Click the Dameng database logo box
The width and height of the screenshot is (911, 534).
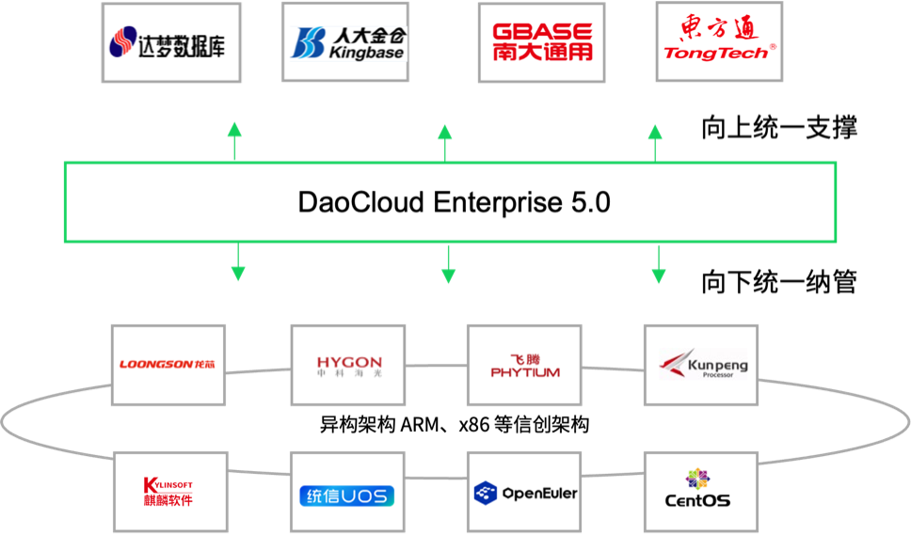coord(171,42)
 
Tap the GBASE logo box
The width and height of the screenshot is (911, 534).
coord(541,42)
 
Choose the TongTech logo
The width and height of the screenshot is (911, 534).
coord(719,42)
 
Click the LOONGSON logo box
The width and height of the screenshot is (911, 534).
coord(168,365)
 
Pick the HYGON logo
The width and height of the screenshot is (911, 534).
coord(347,365)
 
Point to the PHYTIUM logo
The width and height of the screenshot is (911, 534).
coord(524,365)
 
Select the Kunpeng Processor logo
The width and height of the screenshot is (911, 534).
coord(701,365)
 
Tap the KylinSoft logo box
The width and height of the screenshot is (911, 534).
coord(170,492)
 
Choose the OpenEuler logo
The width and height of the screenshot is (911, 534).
coord(524,492)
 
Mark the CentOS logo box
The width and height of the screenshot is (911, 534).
coord(701,490)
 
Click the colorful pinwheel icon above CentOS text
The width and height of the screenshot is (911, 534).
coord(697,478)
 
